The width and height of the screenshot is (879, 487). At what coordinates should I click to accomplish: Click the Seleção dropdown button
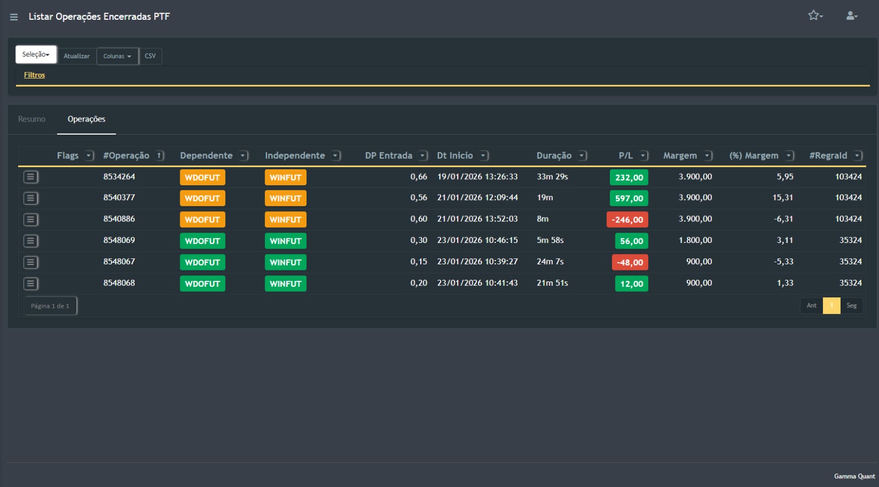pyautogui.click(x=36, y=54)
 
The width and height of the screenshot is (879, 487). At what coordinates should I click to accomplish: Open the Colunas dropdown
pyautogui.click(x=117, y=56)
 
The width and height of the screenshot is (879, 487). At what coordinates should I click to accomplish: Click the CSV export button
pyautogui.click(x=150, y=56)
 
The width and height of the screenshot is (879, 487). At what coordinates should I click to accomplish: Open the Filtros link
pyautogui.click(x=34, y=75)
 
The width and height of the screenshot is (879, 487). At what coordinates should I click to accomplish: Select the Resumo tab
pyautogui.click(x=32, y=119)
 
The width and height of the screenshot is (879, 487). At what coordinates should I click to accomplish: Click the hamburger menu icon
pyautogui.click(x=14, y=17)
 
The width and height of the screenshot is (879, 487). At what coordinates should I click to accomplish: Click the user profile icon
pyautogui.click(x=852, y=15)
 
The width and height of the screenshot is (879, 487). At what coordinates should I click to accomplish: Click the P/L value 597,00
pyautogui.click(x=629, y=198)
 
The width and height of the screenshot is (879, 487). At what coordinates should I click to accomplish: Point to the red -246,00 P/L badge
pyautogui.click(x=627, y=220)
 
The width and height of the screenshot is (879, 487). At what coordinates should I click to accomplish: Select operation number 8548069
pyautogui.click(x=119, y=240)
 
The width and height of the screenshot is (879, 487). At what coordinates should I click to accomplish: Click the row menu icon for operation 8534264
pyautogui.click(x=31, y=177)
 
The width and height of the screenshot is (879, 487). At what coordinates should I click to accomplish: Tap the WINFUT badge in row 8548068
pyautogui.click(x=285, y=284)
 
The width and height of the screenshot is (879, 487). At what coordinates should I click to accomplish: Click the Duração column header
pyautogui.click(x=554, y=156)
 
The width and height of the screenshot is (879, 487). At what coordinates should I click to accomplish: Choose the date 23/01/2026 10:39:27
pyautogui.click(x=477, y=262)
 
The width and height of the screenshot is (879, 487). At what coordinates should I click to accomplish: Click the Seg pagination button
pyautogui.click(x=852, y=306)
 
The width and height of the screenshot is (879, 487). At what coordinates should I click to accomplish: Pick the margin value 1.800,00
pyautogui.click(x=695, y=240)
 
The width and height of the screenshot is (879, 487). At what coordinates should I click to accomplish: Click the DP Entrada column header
pyautogui.click(x=388, y=156)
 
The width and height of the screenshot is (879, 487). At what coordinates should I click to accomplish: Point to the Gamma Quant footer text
pyautogui.click(x=854, y=477)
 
